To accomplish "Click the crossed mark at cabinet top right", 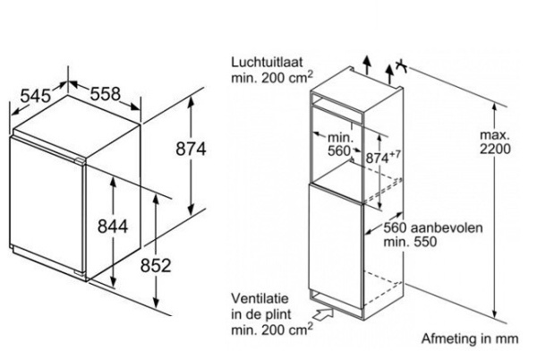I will pos(405,66).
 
